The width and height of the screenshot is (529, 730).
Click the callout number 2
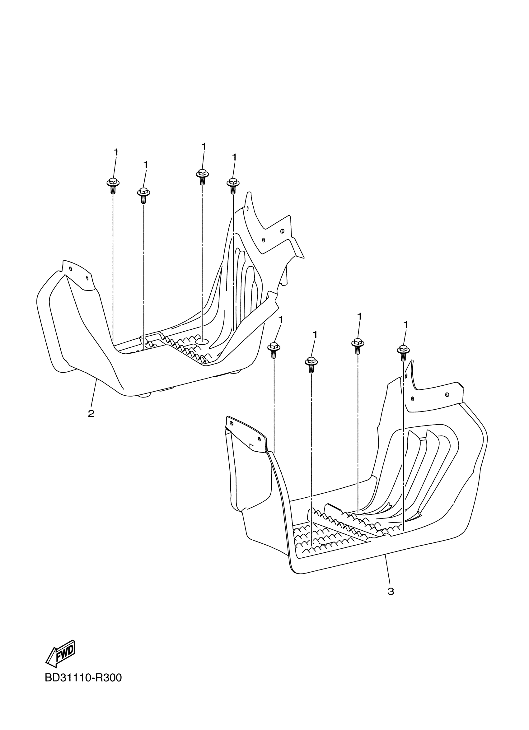coord(91,414)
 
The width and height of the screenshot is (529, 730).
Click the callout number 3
coord(391,591)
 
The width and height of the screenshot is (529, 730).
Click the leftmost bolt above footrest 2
coord(113,185)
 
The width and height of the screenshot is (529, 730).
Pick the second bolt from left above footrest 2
coord(143,194)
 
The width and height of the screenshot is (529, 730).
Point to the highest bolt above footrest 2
coord(202,176)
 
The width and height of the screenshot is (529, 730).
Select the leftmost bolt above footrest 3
coord(274,350)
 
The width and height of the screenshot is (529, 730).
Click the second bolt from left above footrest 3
coord(311,364)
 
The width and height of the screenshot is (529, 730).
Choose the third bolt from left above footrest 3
coord(358,345)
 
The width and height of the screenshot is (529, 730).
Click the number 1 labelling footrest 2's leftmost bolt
coord(116,152)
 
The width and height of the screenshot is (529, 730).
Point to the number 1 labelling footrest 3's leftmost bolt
coord(281,320)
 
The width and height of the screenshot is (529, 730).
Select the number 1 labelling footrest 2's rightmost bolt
coord(234,157)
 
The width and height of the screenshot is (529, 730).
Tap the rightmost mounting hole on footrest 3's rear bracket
coord(447,395)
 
